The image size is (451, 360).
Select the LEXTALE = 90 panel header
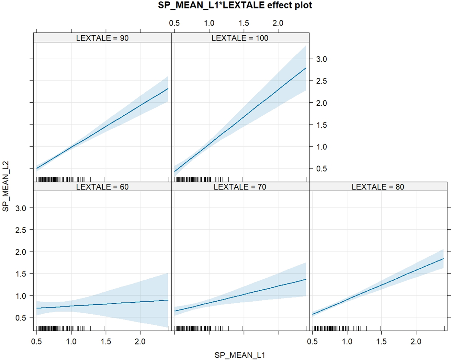click(102, 38)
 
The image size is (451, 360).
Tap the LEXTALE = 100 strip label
click(240, 38)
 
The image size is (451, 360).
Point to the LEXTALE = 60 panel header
click(102, 187)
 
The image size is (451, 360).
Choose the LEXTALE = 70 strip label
click(240, 187)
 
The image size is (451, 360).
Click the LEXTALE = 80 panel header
click(378, 187)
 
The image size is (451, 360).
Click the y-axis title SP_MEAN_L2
click(6, 186)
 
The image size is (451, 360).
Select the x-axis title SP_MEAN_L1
click(240, 355)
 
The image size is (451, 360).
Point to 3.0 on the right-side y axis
click(321, 59)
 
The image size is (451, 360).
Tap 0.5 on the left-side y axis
click(21, 318)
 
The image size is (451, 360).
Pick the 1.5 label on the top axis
click(244, 23)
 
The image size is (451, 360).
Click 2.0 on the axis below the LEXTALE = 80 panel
click(416, 342)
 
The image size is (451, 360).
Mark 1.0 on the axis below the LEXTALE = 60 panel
click(71, 342)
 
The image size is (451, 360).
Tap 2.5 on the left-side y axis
click(21, 230)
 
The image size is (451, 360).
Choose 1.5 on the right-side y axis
click(321, 125)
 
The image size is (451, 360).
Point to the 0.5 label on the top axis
click(175, 23)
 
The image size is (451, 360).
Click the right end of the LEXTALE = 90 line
click(167, 89)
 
